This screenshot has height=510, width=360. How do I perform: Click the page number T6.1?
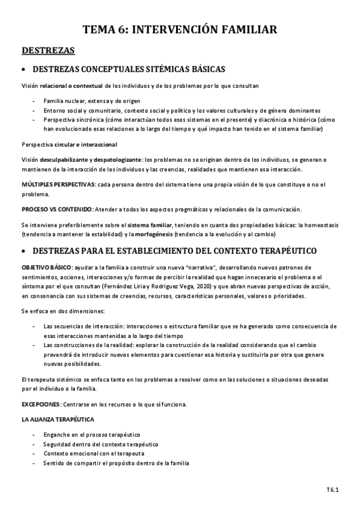(x=332, y=490)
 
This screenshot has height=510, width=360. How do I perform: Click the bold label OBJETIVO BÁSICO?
(x=46, y=266)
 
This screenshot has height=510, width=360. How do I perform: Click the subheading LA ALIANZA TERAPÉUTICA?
(x=57, y=419)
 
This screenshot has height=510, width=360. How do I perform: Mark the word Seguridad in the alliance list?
(x=58, y=443)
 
